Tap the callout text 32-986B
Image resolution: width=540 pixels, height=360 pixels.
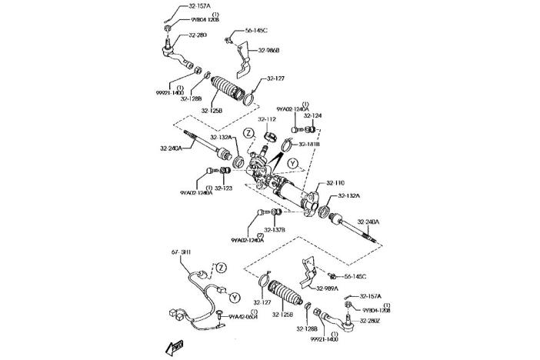click(267, 50)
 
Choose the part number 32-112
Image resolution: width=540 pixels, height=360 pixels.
click(266, 119)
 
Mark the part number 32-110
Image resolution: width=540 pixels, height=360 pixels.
click(335, 183)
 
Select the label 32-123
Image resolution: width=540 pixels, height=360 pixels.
click(223, 188)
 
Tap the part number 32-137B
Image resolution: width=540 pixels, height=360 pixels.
click(275, 230)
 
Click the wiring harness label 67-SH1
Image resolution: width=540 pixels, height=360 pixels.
click(181, 252)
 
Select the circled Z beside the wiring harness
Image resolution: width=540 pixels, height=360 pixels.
click(220, 267)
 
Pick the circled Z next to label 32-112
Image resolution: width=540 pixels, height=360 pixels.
click(249, 133)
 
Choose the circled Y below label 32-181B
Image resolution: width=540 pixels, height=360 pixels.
click(292, 164)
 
